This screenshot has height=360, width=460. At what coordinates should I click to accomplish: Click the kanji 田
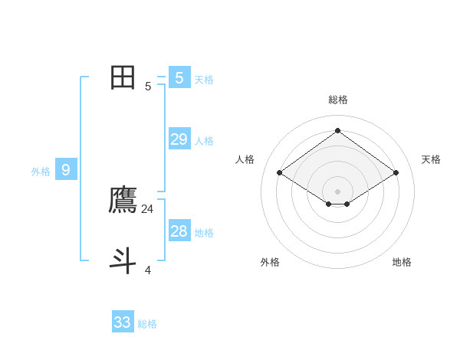click(123, 77)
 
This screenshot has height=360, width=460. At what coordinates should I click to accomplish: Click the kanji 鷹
click(123, 200)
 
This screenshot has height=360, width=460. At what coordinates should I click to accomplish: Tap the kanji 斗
click(123, 260)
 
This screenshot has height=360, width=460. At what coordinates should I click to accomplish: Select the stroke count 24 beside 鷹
click(148, 208)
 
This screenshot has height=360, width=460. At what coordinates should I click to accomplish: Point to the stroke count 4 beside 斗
click(148, 270)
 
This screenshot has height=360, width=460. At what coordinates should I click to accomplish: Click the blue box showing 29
click(179, 139)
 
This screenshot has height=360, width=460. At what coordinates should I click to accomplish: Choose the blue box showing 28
click(179, 231)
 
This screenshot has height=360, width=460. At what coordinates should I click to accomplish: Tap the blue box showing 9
click(66, 170)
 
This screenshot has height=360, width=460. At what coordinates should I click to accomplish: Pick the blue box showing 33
click(123, 322)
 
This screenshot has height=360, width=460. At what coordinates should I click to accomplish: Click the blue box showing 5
click(179, 77)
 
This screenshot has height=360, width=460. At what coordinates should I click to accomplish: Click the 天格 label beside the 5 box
click(204, 79)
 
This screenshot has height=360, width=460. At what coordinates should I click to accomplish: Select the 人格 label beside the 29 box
click(204, 141)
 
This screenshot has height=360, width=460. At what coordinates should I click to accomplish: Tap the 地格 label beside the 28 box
click(204, 233)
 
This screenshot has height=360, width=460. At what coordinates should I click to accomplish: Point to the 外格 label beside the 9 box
click(41, 172)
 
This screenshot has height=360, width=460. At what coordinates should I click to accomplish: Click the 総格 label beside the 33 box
click(147, 324)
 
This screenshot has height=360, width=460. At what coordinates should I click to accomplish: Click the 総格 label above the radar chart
click(338, 100)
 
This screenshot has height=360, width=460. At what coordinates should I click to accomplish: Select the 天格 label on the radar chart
click(431, 159)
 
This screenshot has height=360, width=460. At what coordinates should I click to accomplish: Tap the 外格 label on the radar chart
click(270, 262)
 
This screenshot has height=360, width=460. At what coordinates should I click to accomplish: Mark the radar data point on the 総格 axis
click(337, 131)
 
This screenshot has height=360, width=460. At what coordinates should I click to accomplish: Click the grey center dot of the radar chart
click(337, 191)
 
